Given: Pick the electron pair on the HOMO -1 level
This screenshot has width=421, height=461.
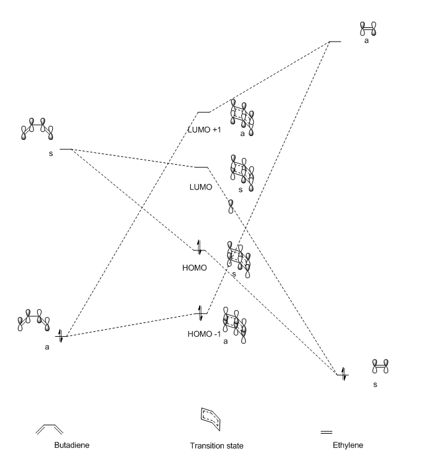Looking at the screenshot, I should (200, 311).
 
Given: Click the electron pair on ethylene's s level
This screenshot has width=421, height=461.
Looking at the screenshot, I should (343, 373).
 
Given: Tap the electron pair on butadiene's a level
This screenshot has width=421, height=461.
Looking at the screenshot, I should (61, 336).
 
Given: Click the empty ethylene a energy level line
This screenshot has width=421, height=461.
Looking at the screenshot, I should (335, 42).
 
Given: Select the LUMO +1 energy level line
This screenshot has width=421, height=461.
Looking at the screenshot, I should (203, 112).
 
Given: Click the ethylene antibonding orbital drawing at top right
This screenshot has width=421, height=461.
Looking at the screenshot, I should (368, 29).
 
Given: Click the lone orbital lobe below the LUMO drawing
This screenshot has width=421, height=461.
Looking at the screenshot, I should (231, 207).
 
